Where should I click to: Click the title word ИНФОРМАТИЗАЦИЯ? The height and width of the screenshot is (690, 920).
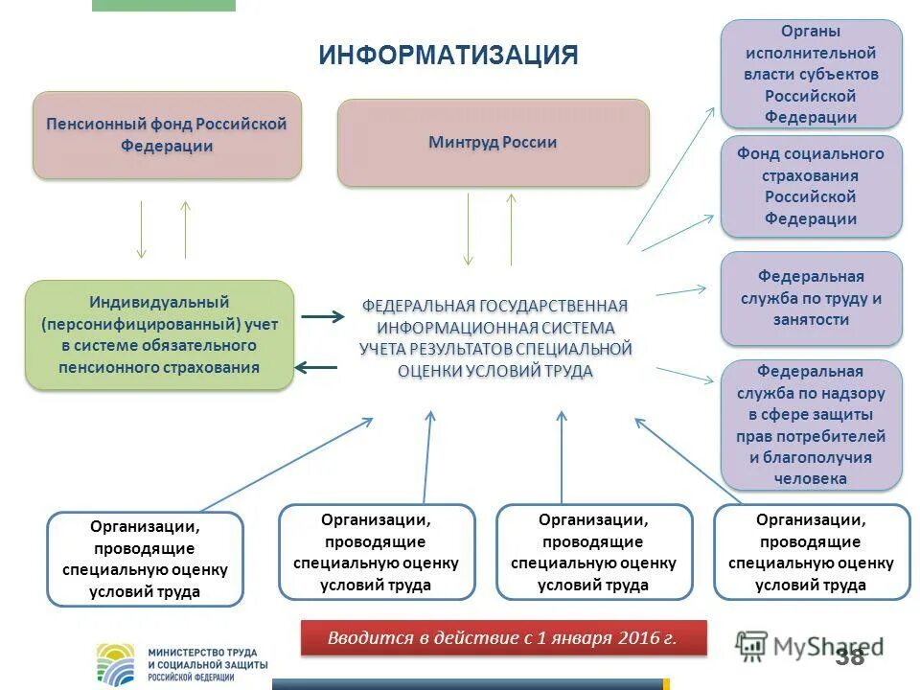(x=448, y=55)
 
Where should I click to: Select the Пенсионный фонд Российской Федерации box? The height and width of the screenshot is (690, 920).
(x=167, y=135)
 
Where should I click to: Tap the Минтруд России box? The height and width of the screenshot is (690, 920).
(x=493, y=143)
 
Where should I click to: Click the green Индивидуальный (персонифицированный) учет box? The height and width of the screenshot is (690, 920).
(x=159, y=334)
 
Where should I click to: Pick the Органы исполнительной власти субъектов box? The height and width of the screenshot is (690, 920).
(x=811, y=74)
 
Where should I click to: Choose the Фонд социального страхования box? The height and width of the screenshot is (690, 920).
(x=811, y=186)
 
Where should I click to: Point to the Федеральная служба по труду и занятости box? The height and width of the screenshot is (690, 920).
(x=811, y=298)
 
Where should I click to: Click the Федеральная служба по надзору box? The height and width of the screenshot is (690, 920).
(x=811, y=425)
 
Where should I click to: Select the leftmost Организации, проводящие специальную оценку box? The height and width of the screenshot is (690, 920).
(x=145, y=559)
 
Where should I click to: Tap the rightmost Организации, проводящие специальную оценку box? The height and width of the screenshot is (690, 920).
(x=811, y=552)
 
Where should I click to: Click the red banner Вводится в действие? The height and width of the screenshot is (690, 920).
(x=503, y=638)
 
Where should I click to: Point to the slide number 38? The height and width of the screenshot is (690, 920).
(x=849, y=656)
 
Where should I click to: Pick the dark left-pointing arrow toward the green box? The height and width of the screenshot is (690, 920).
(x=315, y=366)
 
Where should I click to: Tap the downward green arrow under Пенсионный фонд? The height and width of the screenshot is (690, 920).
(x=142, y=229)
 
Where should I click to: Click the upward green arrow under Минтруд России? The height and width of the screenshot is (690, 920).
(x=512, y=229)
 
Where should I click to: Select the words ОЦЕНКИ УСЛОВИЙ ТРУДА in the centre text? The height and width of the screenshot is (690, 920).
(x=494, y=371)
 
